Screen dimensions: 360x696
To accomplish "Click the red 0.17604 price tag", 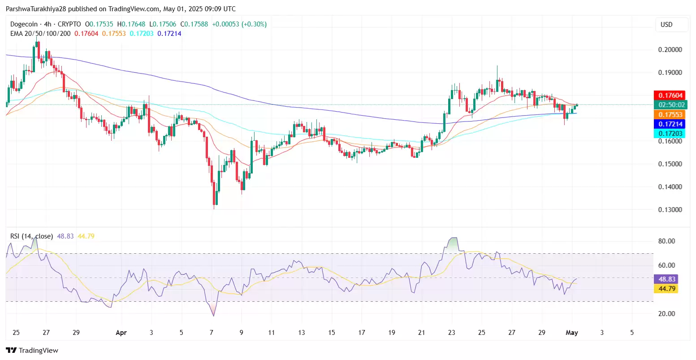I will [670, 95].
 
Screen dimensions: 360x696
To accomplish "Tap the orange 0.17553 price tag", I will [670, 115].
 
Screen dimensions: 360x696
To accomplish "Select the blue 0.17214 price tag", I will [670, 124].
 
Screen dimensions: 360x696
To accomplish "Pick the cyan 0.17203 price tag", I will [670, 134].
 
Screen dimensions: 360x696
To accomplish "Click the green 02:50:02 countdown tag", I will [670, 105].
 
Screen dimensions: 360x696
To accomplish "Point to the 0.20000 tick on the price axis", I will [670, 50].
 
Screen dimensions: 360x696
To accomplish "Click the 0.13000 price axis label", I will [670, 210].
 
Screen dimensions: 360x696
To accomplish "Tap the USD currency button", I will [666, 25].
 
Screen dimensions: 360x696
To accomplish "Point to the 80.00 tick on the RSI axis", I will [666, 241].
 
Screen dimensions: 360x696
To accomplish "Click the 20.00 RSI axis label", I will [666, 314].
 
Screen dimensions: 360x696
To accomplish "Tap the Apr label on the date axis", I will [121, 333].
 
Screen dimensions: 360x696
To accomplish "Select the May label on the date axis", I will [572, 333].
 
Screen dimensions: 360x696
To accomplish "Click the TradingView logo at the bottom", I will [32, 351].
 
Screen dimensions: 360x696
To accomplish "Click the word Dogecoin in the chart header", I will [25, 24].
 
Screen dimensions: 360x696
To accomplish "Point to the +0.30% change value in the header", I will [254, 24].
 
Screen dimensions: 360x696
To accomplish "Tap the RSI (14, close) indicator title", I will [31, 236].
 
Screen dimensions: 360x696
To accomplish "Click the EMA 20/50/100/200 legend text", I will [40, 34].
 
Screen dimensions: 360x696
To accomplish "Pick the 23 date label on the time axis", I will [451, 333].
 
